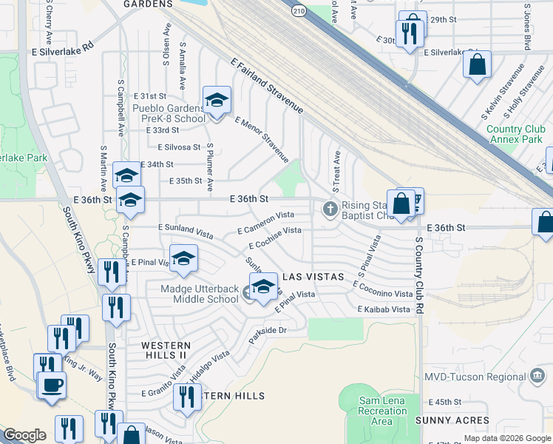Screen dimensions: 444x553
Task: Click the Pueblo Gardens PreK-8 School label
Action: coord(169,113)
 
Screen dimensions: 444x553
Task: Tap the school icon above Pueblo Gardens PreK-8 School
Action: coord(217,100)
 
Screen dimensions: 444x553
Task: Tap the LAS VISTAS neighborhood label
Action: coord(313,276)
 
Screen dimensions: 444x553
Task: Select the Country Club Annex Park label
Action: coord(515,134)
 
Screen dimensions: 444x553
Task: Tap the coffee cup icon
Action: coord(52,385)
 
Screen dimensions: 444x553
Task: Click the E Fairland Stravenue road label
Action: coord(267,87)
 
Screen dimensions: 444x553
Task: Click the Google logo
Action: coord(24,435)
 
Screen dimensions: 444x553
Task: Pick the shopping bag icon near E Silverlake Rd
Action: coord(478,64)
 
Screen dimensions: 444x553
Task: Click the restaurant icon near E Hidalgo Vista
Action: coord(187,397)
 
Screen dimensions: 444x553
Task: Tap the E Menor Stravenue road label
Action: coord(261,138)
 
